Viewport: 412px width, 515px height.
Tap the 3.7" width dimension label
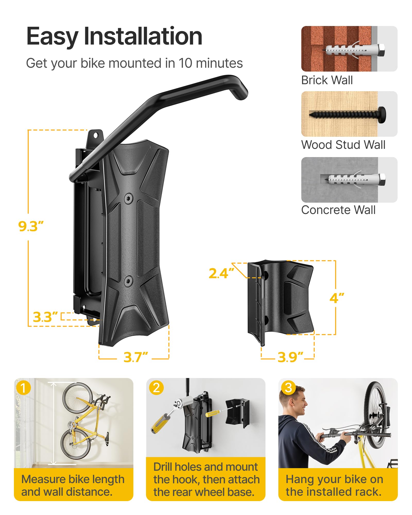tap(136, 357)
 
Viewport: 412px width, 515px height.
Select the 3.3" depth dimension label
tap(45, 317)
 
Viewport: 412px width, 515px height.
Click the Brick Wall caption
tap(327, 80)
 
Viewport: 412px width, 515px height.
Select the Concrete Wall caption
tap(338, 210)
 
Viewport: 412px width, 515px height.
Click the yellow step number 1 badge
tap(23, 388)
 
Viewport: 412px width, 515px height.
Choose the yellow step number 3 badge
tap(288, 388)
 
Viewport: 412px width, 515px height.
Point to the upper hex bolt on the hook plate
tap(128, 198)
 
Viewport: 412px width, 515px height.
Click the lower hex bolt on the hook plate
tap(128, 281)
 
